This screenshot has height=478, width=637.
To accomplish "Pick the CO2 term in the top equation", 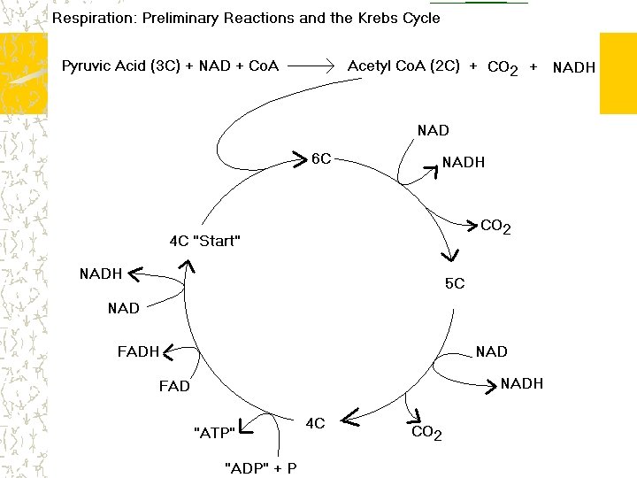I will [503, 67].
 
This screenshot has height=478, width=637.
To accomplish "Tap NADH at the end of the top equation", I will [573, 67].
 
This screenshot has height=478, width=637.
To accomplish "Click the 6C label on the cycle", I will [321, 158].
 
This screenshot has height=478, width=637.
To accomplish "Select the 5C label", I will [455, 283].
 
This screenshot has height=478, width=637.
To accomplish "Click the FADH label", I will [138, 351].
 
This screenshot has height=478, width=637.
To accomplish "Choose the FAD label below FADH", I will [174, 386].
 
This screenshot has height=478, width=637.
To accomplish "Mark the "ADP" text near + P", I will [248, 466].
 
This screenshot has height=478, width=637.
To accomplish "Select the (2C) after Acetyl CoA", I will [443, 66].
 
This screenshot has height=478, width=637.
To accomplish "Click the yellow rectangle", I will [618, 73].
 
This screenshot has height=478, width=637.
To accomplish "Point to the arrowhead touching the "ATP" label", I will [244, 430].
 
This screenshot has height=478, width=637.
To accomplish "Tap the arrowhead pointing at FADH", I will [166, 351].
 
